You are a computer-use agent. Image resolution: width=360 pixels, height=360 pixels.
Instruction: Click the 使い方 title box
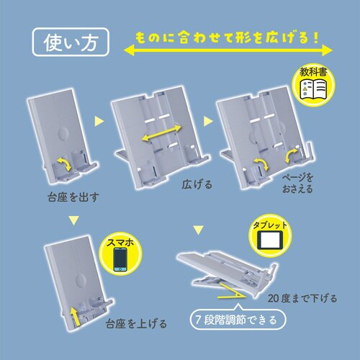(71, 42)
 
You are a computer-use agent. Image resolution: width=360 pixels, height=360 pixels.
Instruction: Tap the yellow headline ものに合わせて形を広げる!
(227, 38)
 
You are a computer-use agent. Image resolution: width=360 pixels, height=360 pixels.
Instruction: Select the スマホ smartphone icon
(120, 259)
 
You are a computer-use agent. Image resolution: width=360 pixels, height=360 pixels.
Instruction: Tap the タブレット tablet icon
(269, 240)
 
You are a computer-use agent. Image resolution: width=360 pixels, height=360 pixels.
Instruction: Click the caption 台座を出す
(73, 197)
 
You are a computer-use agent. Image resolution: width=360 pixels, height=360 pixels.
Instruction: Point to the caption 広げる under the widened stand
(197, 184)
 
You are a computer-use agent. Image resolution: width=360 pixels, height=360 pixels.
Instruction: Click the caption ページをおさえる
(297, 184)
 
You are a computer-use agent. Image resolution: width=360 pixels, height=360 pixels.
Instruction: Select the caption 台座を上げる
(136, 323)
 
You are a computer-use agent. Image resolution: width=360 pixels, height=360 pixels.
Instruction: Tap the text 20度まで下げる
(302, 298)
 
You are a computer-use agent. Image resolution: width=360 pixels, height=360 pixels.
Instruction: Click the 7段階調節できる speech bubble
(238, 319)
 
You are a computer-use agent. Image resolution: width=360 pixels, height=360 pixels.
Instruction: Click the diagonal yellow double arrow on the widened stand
(161, 132)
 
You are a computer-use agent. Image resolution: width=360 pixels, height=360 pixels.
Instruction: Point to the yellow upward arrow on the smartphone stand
(75, 317)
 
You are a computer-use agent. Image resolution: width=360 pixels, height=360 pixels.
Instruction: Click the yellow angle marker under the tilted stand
(232, 292)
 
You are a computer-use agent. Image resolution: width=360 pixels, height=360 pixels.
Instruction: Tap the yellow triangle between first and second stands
(99, 121)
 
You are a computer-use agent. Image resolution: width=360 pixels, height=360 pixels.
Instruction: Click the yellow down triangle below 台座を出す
(73, 220)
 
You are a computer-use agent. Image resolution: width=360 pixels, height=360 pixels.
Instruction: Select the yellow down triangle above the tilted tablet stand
(199, 230)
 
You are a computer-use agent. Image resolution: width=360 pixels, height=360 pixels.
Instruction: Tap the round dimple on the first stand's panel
(63, 132)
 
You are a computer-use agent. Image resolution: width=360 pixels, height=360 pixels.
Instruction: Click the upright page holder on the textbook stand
(309, 150)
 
